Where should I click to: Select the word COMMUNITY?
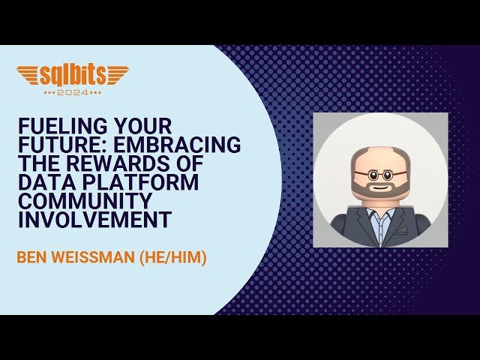pos(79,202)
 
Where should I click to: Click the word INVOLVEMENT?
pos(94,221)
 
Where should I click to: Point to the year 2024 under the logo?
pos(72,92)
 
